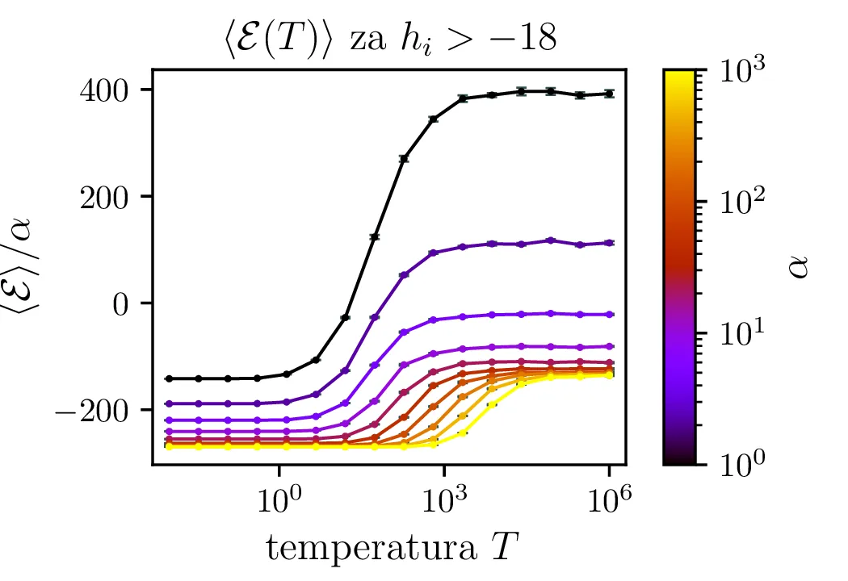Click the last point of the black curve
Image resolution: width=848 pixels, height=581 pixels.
[x=610, y=94]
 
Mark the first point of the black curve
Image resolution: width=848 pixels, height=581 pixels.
[x=168, y=378]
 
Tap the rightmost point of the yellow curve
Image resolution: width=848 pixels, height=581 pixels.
[x=610, y=375]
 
